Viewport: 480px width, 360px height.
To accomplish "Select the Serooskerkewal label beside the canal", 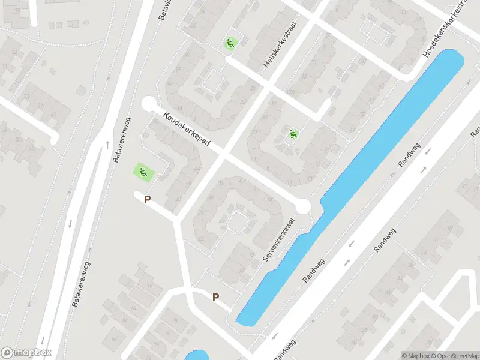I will click(280, 239).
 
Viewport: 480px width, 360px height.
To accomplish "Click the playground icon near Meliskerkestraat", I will click(230, 43).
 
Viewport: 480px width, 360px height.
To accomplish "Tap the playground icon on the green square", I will click(143, 173).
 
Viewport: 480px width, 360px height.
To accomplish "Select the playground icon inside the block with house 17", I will click(293, 134).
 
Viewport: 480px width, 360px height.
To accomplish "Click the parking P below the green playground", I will click(147, 199).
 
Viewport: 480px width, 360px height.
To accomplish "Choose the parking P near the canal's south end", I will click(215, 296).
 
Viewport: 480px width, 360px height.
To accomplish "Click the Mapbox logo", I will click(26, 353).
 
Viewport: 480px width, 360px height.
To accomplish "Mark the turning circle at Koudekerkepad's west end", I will click(148, 104).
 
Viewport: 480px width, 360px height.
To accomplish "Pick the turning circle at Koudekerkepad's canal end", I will click(303, 207).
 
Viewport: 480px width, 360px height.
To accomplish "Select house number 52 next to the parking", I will click(178, 198).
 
